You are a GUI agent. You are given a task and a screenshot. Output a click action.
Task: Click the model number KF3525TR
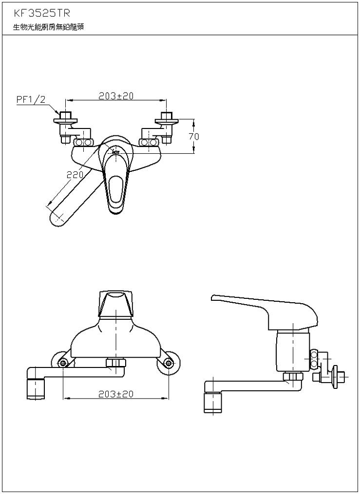(41, 13)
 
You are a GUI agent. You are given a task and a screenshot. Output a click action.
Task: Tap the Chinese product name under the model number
(48, 27)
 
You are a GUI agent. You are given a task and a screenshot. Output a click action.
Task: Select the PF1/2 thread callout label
(31, 100)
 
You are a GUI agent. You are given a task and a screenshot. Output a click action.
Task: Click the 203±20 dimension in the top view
(116, 96)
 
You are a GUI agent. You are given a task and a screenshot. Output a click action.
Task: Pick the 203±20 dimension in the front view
(116, 394)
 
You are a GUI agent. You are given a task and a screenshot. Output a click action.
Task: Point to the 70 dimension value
(194, 136)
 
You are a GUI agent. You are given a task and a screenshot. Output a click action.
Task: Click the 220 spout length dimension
(75, 174)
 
